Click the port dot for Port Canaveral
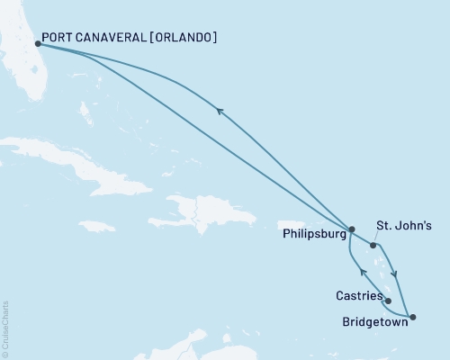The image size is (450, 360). (x=37, y=43)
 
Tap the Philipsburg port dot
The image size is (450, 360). (x=352, y=229)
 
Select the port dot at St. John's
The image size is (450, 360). (x=373, y=245)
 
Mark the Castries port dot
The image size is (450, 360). (x=388, y=301)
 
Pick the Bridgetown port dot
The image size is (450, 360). (x=412, y=317)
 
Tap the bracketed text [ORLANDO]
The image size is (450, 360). (x=186, y=38)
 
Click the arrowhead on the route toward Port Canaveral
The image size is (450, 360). (x=219, y=110)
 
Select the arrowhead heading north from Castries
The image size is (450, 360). (x=362, y=272)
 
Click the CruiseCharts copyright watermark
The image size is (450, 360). (x=5, y=328)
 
